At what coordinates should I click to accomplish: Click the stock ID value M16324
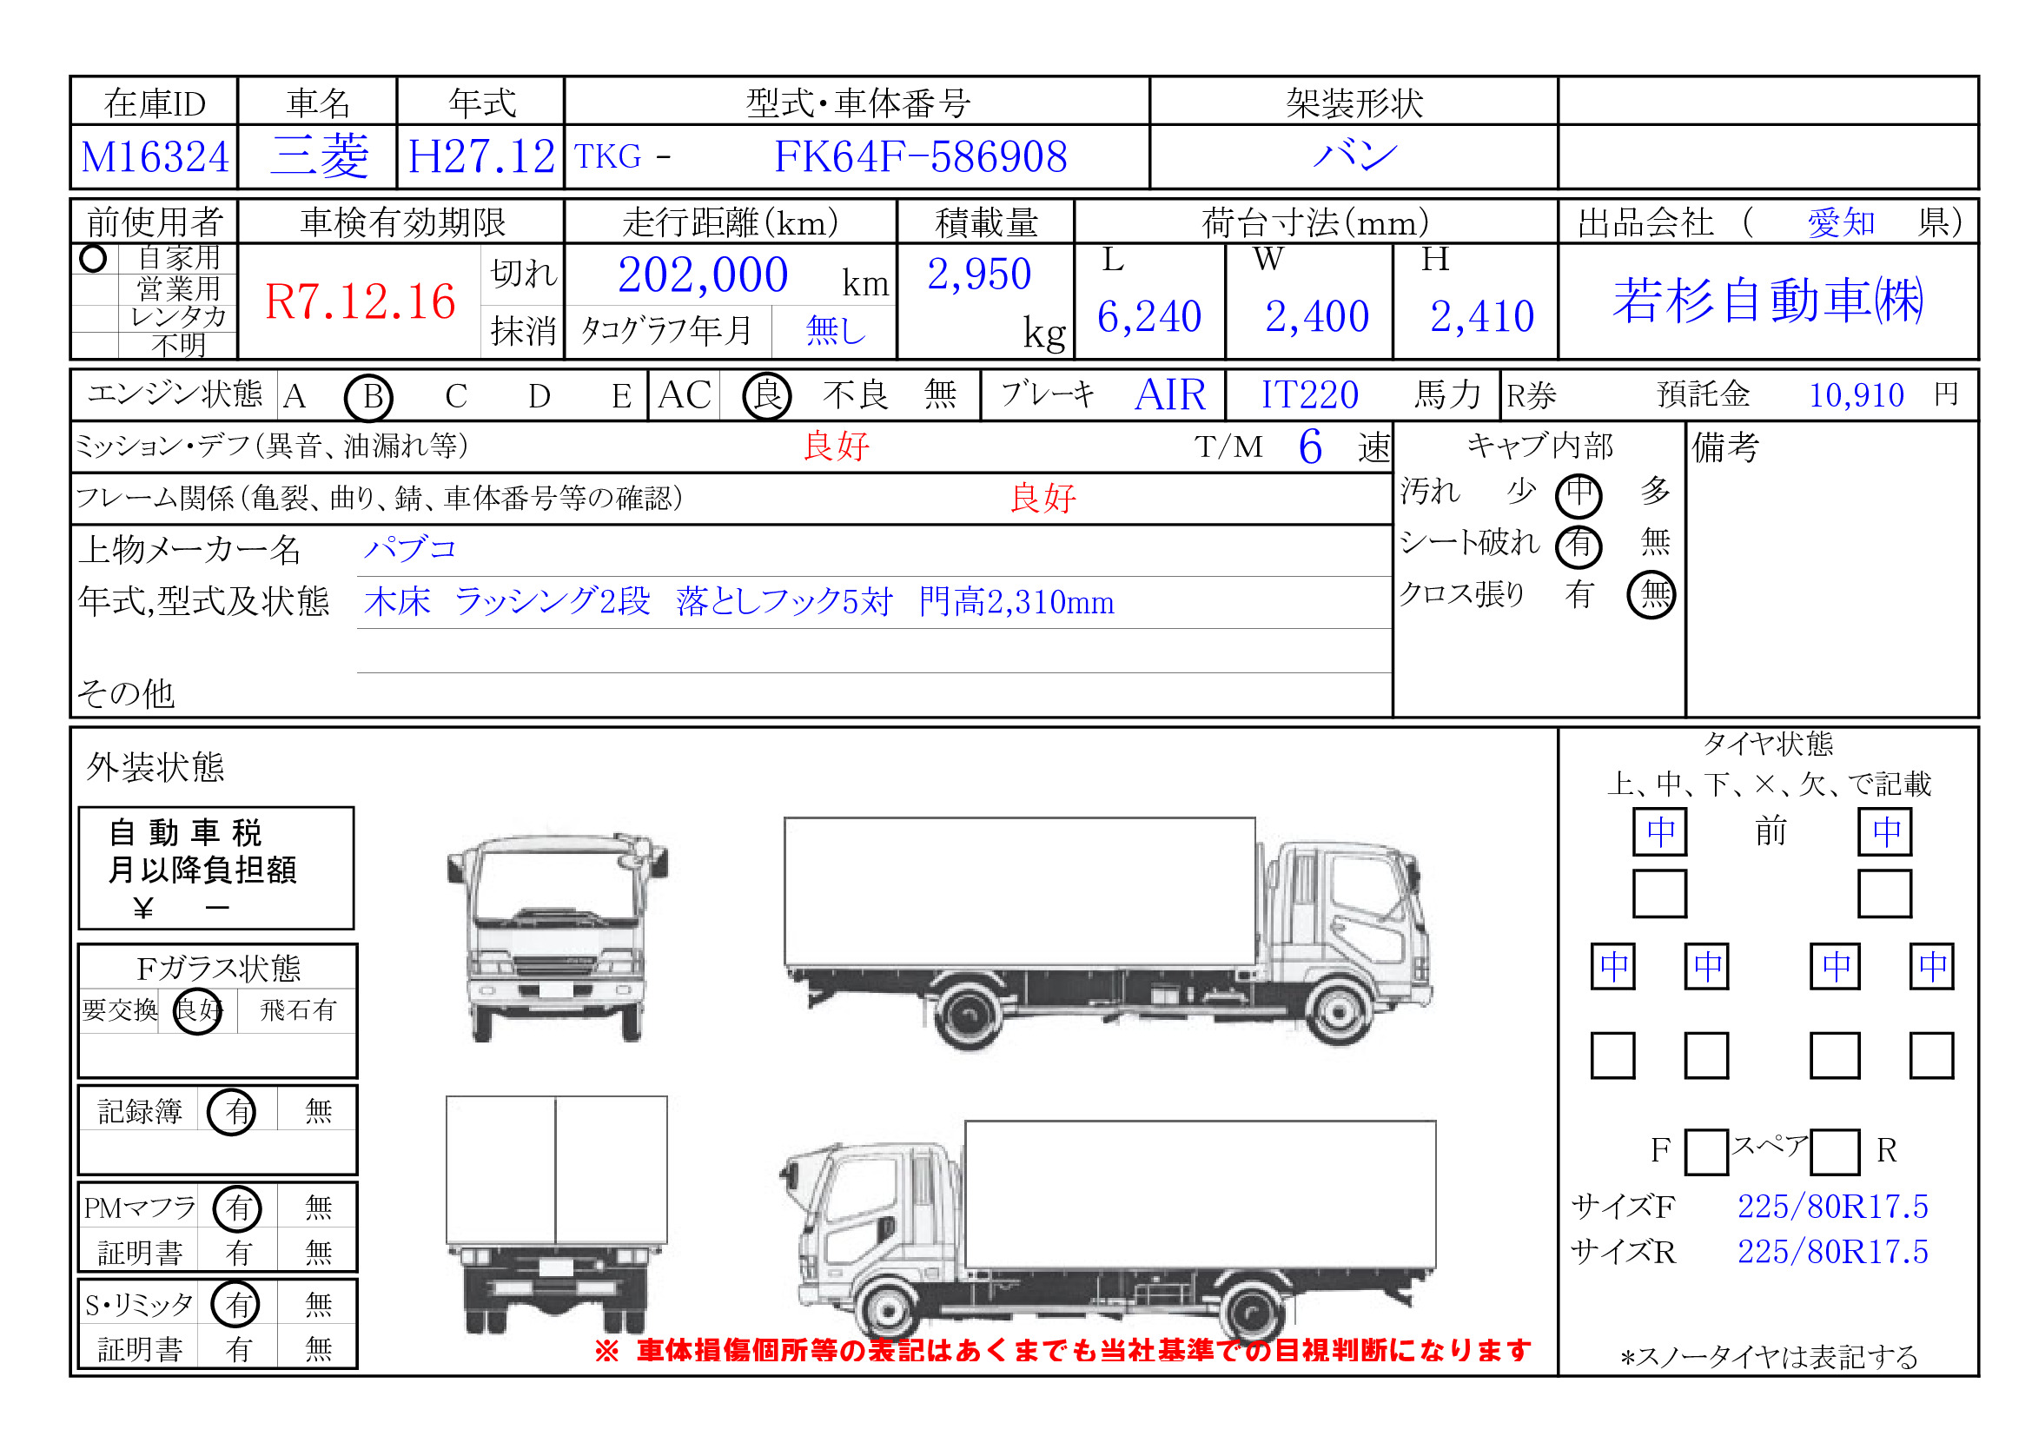click(x=154, y=157)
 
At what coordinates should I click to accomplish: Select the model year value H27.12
click(x=480, y=156)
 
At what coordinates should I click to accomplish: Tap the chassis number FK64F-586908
click(x=919, y=156)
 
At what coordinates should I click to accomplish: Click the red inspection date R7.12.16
click(x=360, y=301)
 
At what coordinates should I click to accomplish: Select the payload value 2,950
click(x=978, y=275)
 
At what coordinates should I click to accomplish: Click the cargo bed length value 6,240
click(x=1148, y=316)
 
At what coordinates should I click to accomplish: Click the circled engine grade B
click(x=369, y=396)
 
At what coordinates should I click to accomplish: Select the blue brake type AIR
click(x=1169, y=394)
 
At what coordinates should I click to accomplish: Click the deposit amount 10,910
click(x=1855, y=394)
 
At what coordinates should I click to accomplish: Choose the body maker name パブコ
click(x=410, y=548)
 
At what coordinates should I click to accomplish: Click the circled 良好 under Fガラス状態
click(x=196, y=1009)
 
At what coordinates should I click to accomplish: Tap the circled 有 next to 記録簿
click(x=233, y=1111)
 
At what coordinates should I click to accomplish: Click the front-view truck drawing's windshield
click(x=556, y=884)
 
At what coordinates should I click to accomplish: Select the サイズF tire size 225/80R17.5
click(x=1831, y=1206)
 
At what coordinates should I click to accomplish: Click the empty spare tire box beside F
click(x=1705, y=1151)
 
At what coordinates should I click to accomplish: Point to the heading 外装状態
click(x=155, y=766)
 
